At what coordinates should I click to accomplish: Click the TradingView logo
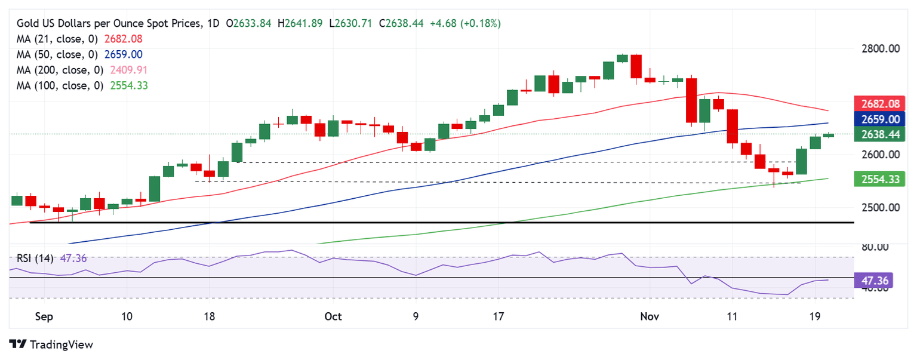(51, 344)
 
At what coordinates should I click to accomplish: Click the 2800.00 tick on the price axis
(880, 48)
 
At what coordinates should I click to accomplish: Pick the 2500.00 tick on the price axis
(880, 207)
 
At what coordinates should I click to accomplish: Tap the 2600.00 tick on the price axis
(880, 155)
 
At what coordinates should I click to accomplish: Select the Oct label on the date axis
(333, 316)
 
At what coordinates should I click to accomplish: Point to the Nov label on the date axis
(650, 316)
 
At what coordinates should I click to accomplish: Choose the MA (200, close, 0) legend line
(79, 70)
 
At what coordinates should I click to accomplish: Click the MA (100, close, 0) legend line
(79, 86)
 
